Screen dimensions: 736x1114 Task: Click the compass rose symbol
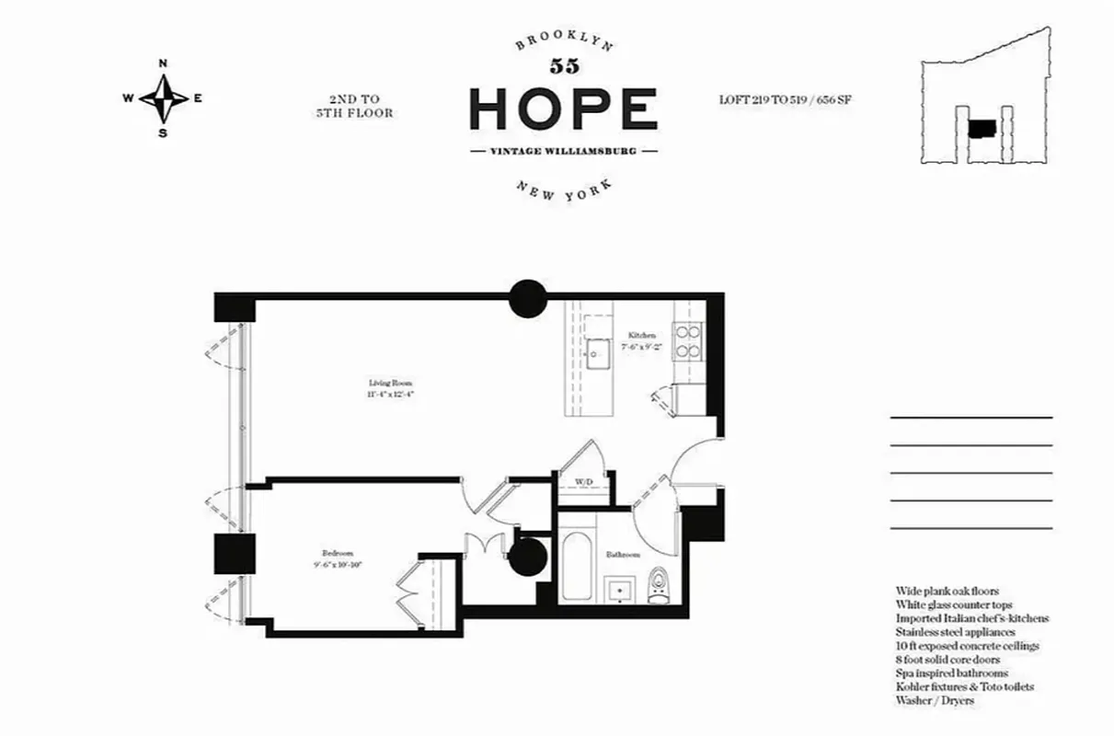tap(164, 98)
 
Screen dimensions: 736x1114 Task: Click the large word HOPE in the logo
tap(563, 109)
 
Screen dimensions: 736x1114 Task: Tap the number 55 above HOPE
tap(563, 65)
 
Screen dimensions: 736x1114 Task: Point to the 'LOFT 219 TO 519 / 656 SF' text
tap(785, 98)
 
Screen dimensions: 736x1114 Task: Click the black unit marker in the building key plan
tap(982, 128)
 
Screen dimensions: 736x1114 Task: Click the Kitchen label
tap(642, 341)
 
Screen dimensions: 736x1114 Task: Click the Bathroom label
tap(622, 556)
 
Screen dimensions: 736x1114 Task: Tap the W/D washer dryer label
tap(584, 482)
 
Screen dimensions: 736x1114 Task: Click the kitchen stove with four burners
tap(687, 341)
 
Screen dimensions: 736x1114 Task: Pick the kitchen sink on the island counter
tap(600, 351)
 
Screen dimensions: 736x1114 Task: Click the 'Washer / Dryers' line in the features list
tap(935, 700)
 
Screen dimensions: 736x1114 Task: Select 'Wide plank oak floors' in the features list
tap(947, 591)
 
